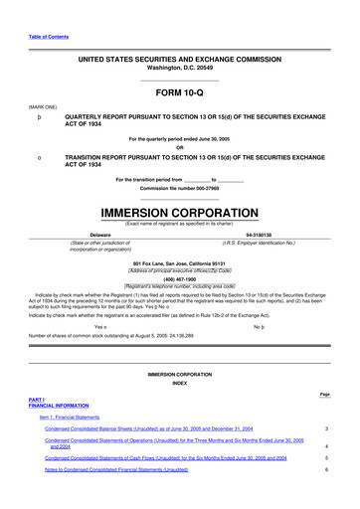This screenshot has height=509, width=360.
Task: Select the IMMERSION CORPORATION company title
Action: [179, 213]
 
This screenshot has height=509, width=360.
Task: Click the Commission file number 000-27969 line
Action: [179, 190]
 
